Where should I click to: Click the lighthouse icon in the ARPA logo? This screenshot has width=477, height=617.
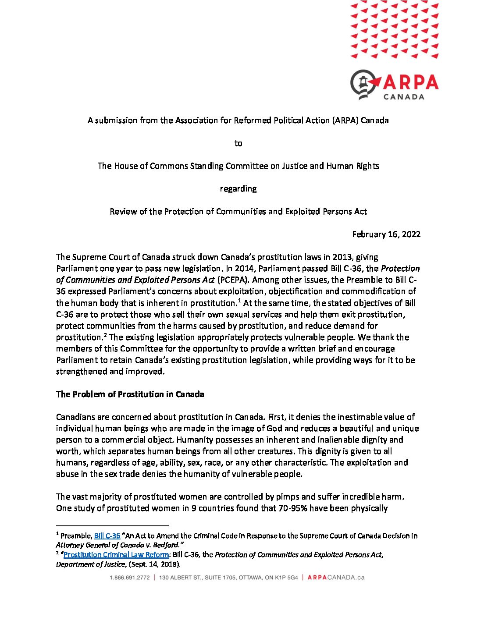tap(363, 83)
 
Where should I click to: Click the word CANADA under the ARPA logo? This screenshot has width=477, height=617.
tap(403, 97)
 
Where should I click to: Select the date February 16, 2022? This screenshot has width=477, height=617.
tap(386, 234)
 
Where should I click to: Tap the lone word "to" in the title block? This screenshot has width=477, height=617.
tap(238, 143)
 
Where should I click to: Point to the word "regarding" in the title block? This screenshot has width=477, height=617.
tap(238, 189)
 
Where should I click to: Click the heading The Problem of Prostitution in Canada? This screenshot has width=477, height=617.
tap(130, 394)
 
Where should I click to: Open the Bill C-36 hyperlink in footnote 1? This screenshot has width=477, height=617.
tap(107, 535)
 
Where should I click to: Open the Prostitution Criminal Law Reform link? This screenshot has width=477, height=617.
tap(116, 555)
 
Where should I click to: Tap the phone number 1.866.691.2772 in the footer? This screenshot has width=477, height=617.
tap(130, 578)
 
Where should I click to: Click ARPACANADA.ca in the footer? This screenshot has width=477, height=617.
tap(336, 578)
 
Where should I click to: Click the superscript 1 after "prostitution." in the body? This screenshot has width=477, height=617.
tap(239, 301)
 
